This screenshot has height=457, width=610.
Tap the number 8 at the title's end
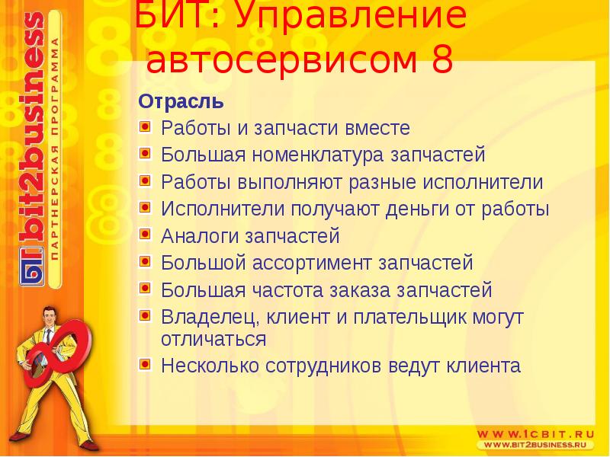[x=441, y=60]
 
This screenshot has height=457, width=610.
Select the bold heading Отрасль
[x=181, y=101]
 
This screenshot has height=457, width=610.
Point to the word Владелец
[x=201, y=316]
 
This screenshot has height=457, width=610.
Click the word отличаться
[x=213, y=339]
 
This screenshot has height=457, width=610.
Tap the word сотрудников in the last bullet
[x=325, y=366]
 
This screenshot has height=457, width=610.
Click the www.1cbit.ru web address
[x=535, y=430]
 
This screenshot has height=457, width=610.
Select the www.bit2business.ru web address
[x=538, y=444]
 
